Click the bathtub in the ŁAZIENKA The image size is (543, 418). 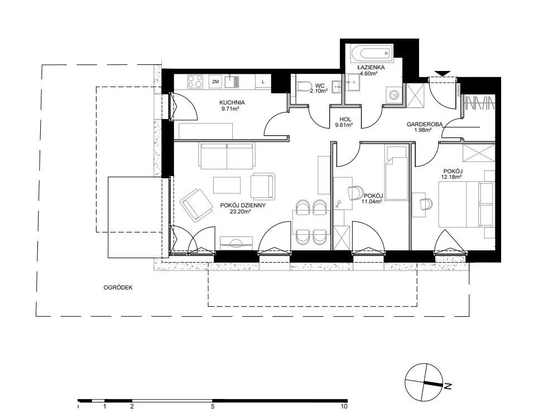[x=372, y=54]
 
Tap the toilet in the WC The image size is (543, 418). [x=303, y=87]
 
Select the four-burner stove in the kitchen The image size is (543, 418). [x=195, y=82]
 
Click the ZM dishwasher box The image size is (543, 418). [x=215, y=82]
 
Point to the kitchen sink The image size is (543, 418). [x=232, y=82]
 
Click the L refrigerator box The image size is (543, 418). [x=263, y=82]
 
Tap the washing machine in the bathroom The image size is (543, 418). [x=393, y=94]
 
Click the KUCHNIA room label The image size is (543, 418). [x=232, y=103]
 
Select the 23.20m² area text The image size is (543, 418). [x=240, y=211]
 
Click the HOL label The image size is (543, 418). [x=345, y=120]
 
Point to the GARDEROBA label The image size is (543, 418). [x=425, y=124]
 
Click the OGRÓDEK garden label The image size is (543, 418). [x=118, y=288]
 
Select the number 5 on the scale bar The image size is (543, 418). [x=213, y=407]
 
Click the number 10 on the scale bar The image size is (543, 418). [x=344, y=407]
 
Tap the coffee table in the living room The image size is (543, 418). [x=227, y=185]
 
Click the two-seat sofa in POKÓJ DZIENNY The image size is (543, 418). [x=227, y=155]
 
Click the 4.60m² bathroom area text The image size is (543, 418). [x=368, y=73]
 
